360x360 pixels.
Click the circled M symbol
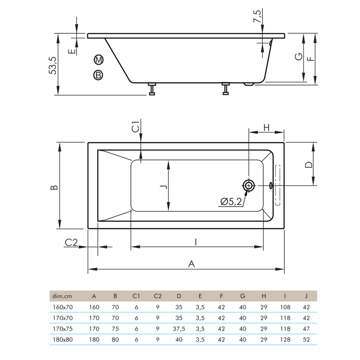tap(99, 59)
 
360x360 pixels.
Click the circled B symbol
tap(99, 75)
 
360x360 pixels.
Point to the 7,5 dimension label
tap(257, 16)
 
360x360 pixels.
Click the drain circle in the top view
tap(248, 185)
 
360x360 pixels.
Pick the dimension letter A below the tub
tap(192, 264)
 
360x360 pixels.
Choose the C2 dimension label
tap(71, 243)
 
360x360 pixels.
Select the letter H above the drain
tap(266, 127)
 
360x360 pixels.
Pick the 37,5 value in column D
tap(179, 329)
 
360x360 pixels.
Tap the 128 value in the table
tap(285, 340)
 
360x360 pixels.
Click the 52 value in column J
tap(306, 340)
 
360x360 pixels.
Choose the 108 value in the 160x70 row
tap(285, 307)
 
